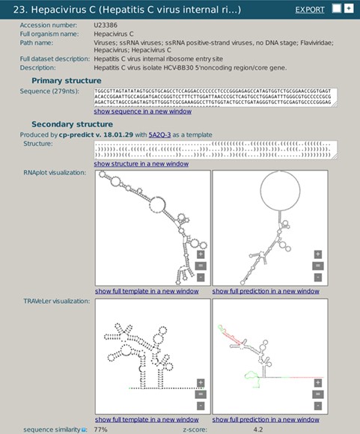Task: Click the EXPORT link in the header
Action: (x=310, y=10)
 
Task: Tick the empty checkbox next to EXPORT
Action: (x=337, y=8)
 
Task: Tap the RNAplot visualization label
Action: (x=55, y=173)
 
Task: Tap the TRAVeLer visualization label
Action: (x=52, y=301)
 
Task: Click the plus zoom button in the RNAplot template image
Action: (x=201, y=254)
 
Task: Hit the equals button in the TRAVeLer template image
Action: (x=201, y=394)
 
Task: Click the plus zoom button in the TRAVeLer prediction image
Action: (x=317, y=382)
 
